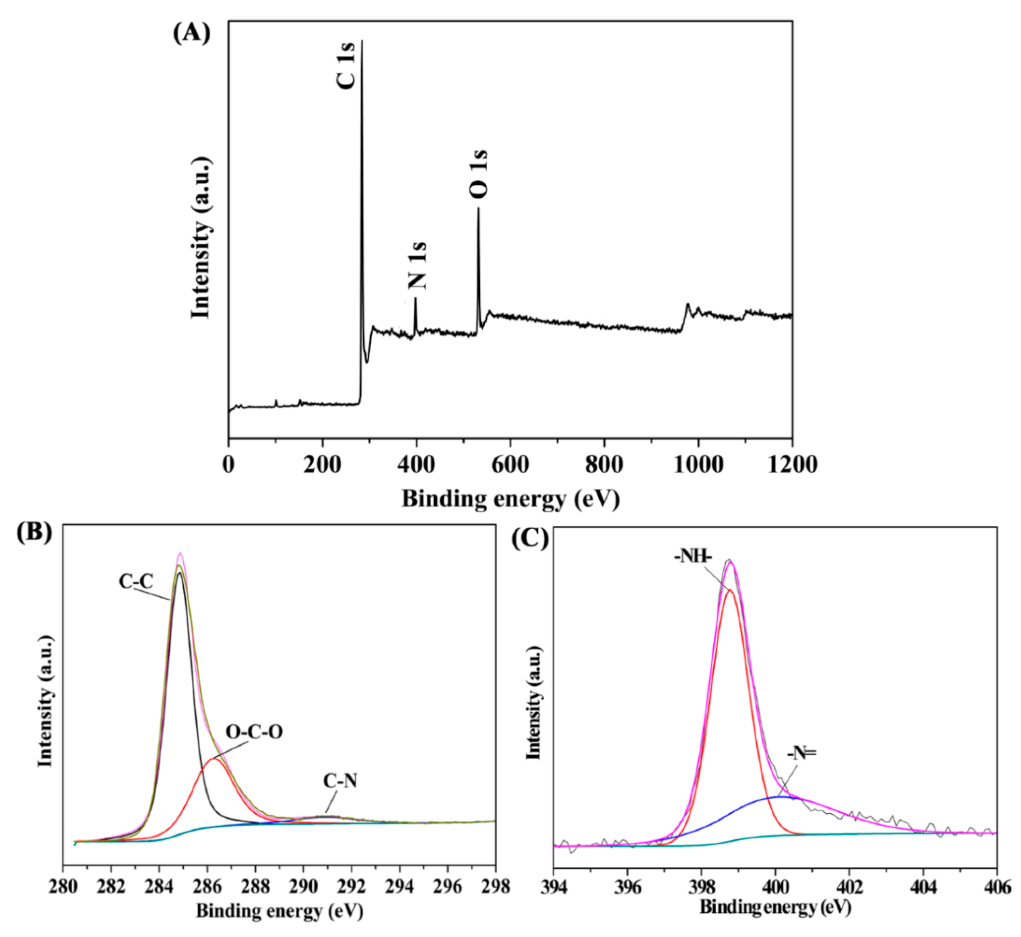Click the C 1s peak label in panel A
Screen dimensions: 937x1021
pos(347,66)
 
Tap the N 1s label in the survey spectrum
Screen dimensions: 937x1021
pos(417,266)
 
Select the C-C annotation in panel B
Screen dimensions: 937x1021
pos(136,581)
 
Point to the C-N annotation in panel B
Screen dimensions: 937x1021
pos(340,781)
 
